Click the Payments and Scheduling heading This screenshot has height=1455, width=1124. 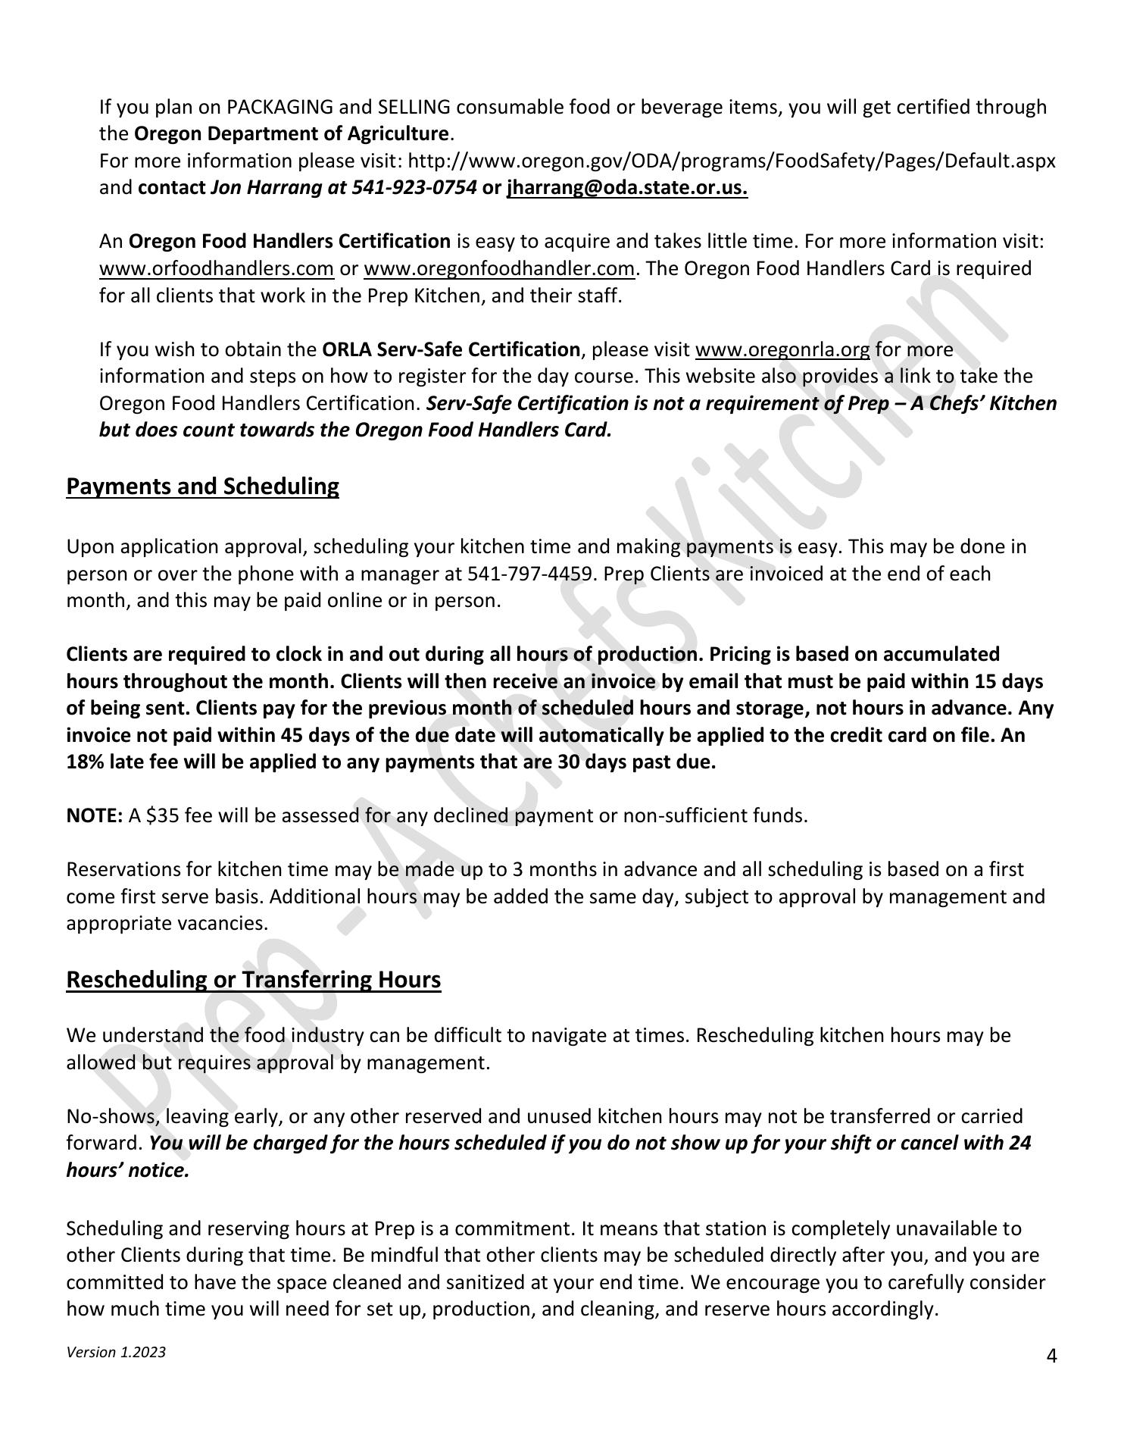[202, 487]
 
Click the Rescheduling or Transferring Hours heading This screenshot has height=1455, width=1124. [253, 980]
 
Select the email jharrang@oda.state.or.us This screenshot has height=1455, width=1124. [627, 188]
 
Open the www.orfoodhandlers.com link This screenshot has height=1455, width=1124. [217, 269]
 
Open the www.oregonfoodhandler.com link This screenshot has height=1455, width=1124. [498, 269]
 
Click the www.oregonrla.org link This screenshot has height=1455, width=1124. [782, 350]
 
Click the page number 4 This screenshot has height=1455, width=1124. [1051, 1356]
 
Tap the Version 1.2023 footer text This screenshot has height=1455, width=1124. [116, 1353]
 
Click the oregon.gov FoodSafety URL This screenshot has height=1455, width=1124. [731, 161]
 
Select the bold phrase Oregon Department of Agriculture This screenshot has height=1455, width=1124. [292, 135]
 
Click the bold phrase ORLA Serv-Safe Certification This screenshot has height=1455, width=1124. [451, 350]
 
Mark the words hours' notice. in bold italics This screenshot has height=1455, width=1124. [127, 1171]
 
